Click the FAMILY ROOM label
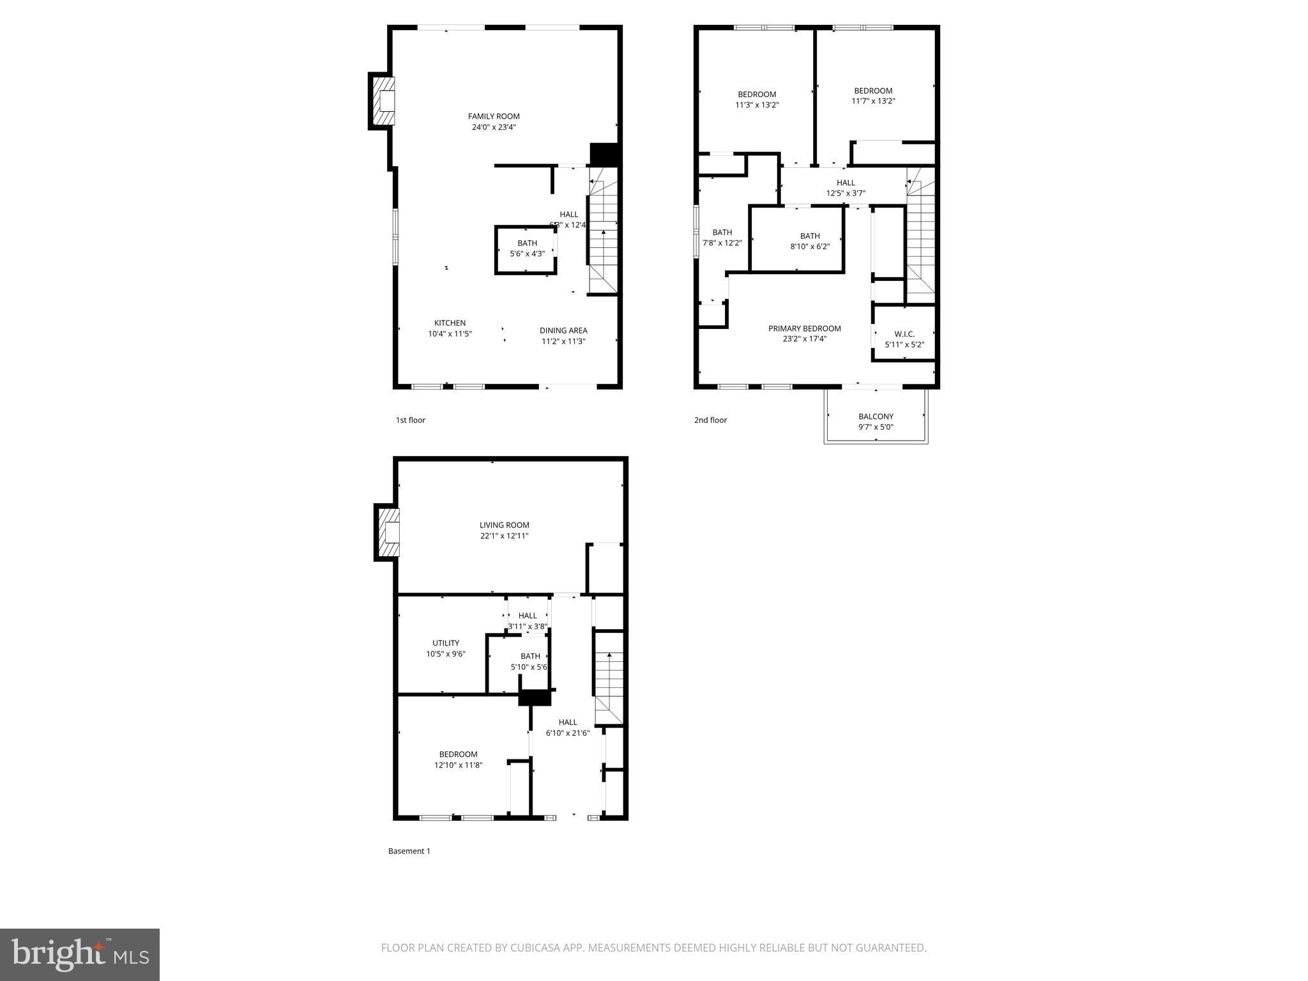494,116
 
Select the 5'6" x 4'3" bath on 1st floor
527,248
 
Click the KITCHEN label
450,323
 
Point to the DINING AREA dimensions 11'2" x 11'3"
563,341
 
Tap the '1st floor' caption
410,420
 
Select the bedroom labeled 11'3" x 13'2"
757,100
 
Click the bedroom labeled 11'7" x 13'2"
873,96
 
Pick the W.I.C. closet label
904,334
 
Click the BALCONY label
876,416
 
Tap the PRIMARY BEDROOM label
804,329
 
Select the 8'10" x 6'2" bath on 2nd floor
809,241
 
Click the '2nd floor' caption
710,420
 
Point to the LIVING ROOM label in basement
504,526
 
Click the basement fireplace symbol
389,532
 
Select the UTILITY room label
446,643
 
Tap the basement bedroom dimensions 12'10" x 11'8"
458,765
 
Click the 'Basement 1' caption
409,851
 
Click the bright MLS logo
80,954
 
